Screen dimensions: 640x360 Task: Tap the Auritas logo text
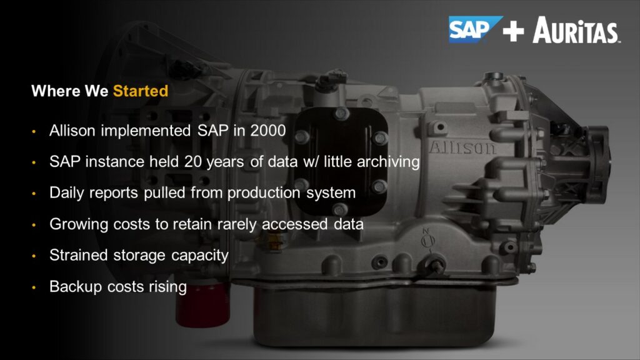tap(576, 30)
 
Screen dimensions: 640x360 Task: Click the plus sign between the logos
tap(514, 31)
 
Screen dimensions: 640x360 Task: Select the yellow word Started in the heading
tap(141, 91)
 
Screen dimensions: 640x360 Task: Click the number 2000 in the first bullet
tap(267, 131)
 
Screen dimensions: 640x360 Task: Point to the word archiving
tap(388, 162)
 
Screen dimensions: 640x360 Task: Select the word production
tap(263, 193)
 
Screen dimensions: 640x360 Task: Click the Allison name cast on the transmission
tap(462, 147)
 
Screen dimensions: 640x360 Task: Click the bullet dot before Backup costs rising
tap(34, 287)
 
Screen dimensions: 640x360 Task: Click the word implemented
tap(146, 131)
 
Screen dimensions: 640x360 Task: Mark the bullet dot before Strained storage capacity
tap(34, 256)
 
